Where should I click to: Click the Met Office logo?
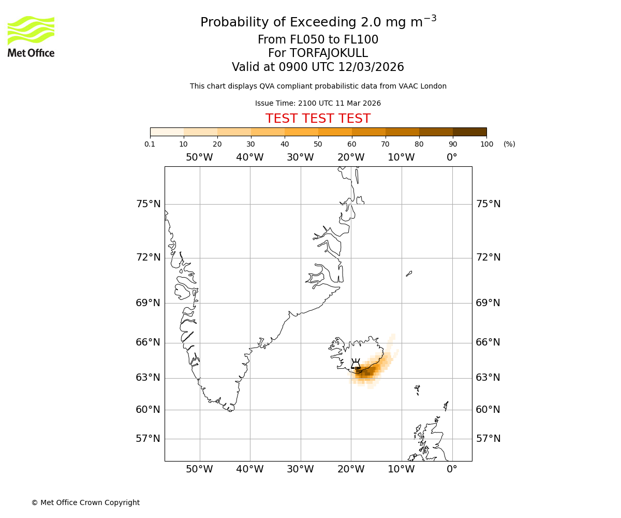31,36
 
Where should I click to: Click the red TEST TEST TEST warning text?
318,119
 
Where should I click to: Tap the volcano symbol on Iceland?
356,364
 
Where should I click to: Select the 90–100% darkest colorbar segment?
469,132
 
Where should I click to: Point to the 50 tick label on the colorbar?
318,144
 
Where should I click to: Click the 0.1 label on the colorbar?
150,144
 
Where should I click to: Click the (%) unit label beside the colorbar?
509,144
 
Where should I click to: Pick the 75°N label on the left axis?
148,204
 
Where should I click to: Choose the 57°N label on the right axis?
488,439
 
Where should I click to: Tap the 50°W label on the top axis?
199,157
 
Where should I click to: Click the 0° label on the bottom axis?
452,469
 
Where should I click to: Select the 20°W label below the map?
351,469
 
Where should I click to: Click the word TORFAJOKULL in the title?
329,53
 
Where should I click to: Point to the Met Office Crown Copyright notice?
85,502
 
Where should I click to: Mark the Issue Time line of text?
318,104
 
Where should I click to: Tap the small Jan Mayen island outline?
409,274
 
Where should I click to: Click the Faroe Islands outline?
417,389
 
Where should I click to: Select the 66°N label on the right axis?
488,342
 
